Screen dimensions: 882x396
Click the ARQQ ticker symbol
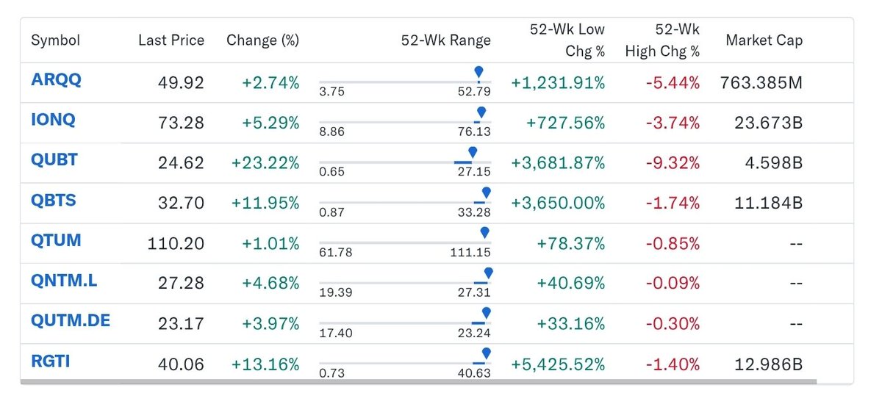click(x=56, y=80)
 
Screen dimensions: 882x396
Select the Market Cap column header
click(x=764, y=40)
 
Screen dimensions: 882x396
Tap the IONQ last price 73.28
click(x=181, y=123)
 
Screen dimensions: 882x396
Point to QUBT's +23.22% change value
click(x=265, y=163)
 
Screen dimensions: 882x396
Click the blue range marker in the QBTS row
click(x=487, y=192)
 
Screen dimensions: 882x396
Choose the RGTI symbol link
click(x=51, y=361)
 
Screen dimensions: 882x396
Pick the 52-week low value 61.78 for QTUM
click(x=335, y=252)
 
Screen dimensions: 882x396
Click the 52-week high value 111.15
click(x=470, y=252)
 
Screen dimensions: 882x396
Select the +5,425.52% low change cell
click(x=558, y=364)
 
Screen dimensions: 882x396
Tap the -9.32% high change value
click(x=673, y=163)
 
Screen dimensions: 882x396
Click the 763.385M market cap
click(x=761, y=83)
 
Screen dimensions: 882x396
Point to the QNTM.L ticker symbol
click(x=64, y=281)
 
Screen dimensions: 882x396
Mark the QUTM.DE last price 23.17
click(x=181, y=323)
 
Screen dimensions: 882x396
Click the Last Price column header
click(x=171, y=40)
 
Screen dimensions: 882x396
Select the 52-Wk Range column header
click(x=445, y=40)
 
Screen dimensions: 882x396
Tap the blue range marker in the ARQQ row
click(x=478, y=72)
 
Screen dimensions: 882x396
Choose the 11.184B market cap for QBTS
click(x=769, y=203)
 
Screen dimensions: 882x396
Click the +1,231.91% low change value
click(x=558, y=83)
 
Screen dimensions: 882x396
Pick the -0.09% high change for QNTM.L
click(x=673, y=283)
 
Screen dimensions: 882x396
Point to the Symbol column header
click(x=56, y=40)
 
